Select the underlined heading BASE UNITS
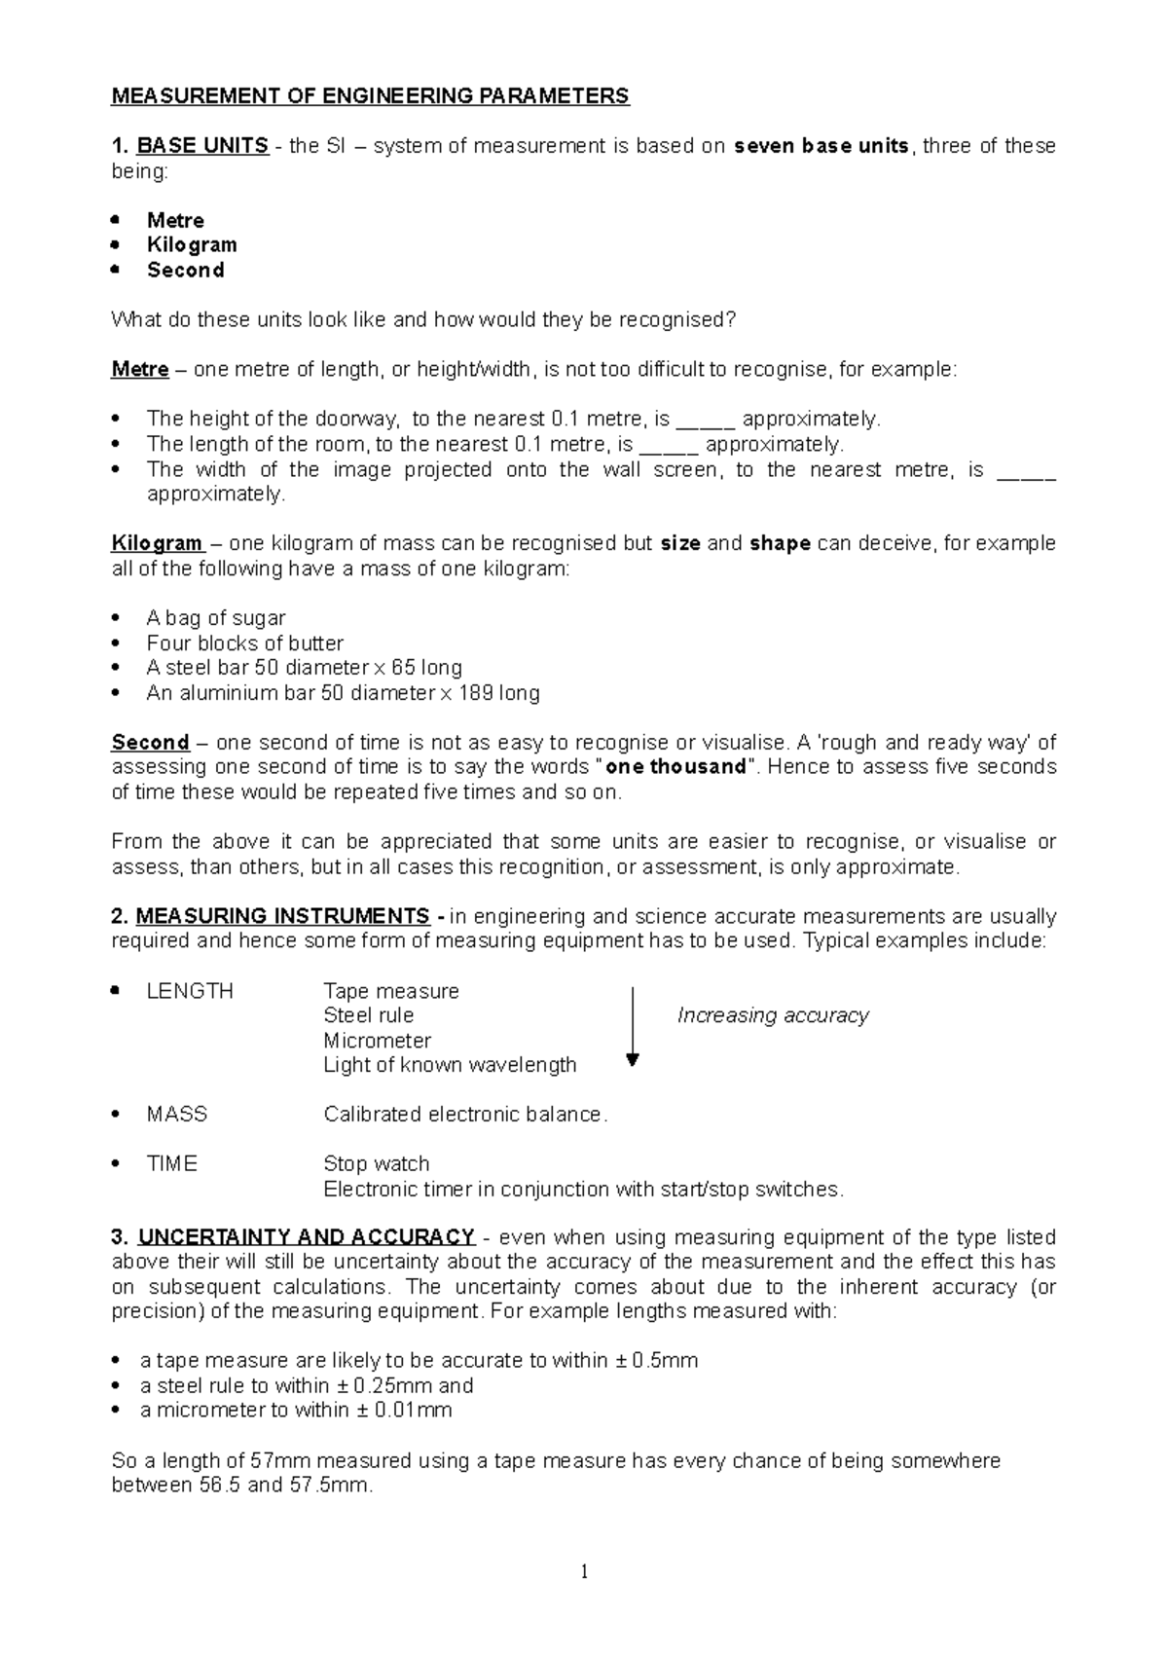pos(202,146)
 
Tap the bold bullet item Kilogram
pos(192,244)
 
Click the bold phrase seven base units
pos(821,146)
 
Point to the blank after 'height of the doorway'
pos(705,420)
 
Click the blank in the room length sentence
pos(669,445)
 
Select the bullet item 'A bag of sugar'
pos(215,618)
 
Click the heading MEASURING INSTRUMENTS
pos(282,916)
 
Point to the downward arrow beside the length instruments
pos(633,1028)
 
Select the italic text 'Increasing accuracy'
pos(773,1015)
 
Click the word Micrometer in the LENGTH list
pos(377,1041)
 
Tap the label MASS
pos(176,1115)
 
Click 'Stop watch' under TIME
pos(376,1164)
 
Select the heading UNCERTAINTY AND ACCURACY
pos(307,1237)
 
